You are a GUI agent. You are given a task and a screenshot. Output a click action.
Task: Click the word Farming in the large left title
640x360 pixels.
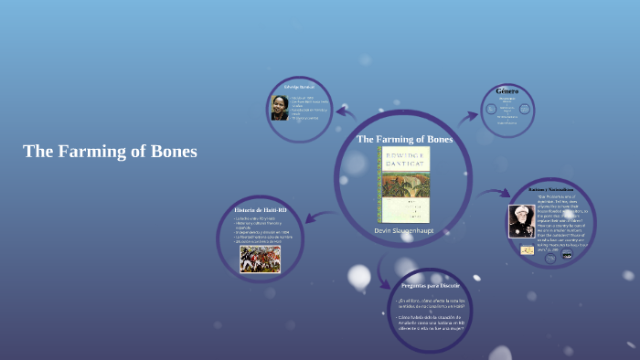(101, 152)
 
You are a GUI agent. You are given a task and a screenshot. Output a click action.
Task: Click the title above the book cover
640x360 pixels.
(403, 139)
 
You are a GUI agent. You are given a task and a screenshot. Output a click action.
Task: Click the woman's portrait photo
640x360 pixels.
(279, 108)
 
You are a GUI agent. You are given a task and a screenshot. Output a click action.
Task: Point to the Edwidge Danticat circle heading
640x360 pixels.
(299, 86)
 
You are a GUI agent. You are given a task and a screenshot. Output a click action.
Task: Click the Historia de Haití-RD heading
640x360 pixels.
(261, 211)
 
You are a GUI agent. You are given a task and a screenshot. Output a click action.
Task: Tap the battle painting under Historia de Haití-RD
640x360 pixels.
(260, 259)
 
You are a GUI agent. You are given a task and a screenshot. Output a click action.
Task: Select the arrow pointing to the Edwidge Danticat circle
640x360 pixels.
(346, 112)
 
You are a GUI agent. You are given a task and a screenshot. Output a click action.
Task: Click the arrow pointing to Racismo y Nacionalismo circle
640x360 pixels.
(495, 193)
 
